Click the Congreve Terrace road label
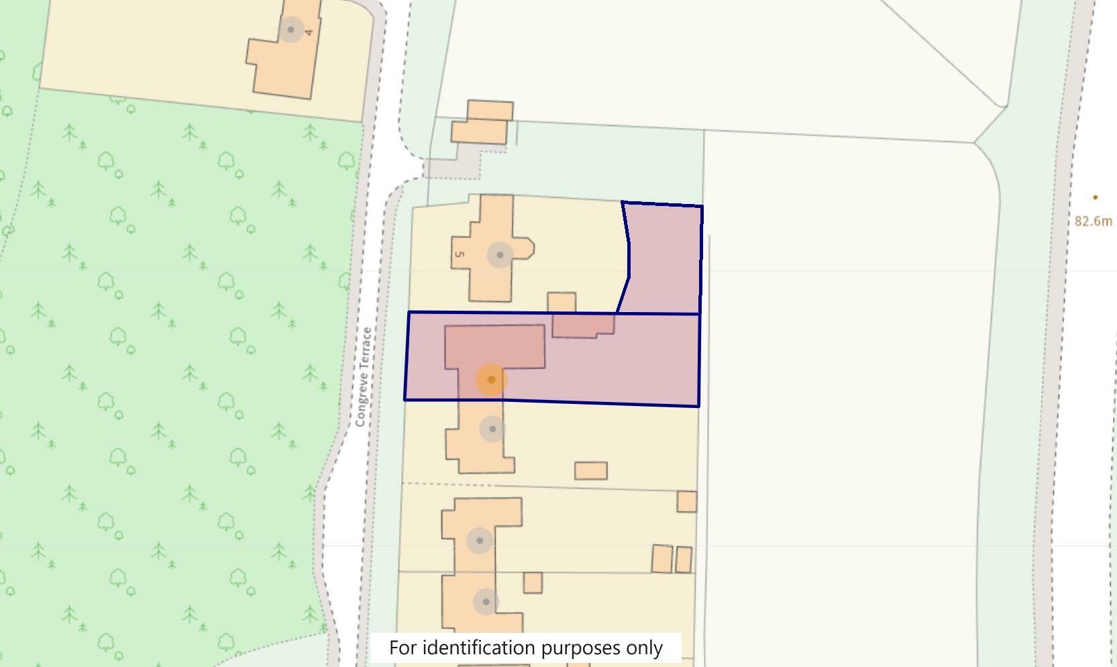(363, 376)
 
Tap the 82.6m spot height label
(1093, 221)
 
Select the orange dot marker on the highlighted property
(491, 380)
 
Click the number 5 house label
(460, 254)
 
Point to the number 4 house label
(309, 32)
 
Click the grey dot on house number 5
(500, 255)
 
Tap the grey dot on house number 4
(290, 30)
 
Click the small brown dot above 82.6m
(1095, 197)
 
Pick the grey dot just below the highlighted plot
(492, 429)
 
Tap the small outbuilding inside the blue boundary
(582, 325)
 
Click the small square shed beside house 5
(562, 302)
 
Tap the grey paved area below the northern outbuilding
(453, 168)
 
